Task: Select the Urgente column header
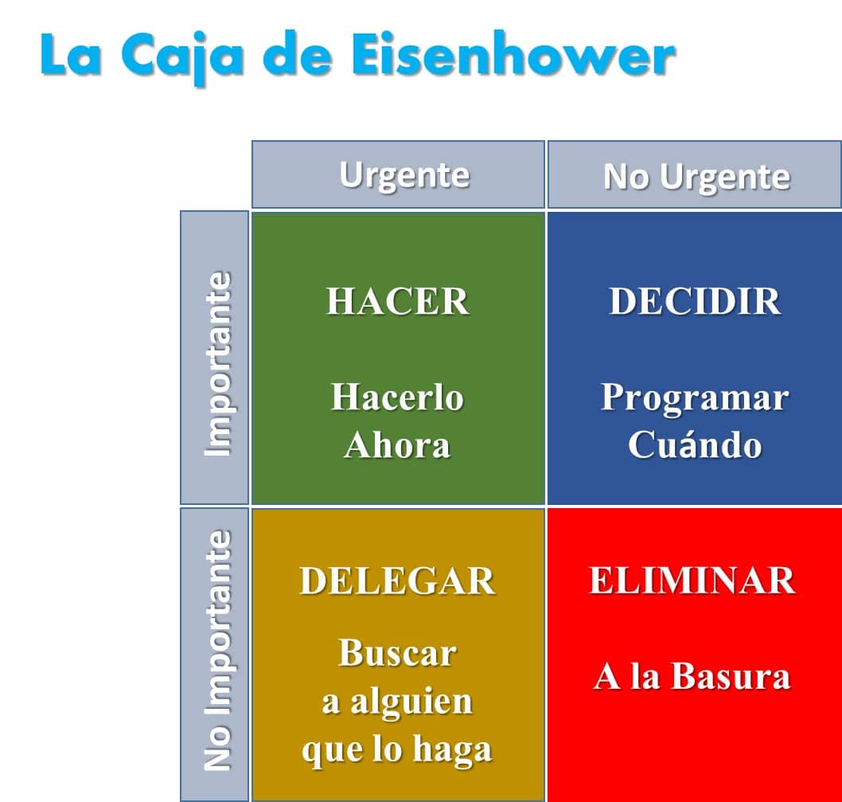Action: [x=398, y=174]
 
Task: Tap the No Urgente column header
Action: [x=695, y=175]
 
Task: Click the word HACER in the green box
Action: [x=397, y=301]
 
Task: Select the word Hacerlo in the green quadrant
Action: [x=397, y=397]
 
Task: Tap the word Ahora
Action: [x=397, y=445]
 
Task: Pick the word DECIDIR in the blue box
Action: [x=695, y=301]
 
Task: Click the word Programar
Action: [x=695, y=399]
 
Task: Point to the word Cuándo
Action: [x=695, y=444]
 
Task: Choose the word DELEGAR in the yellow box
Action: [x=397, y=581]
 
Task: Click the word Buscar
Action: [x=397, y=653]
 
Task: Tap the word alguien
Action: [x=411, y=702]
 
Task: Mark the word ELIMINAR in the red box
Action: [x=692, y=581]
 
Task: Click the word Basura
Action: [x=731, y=676]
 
